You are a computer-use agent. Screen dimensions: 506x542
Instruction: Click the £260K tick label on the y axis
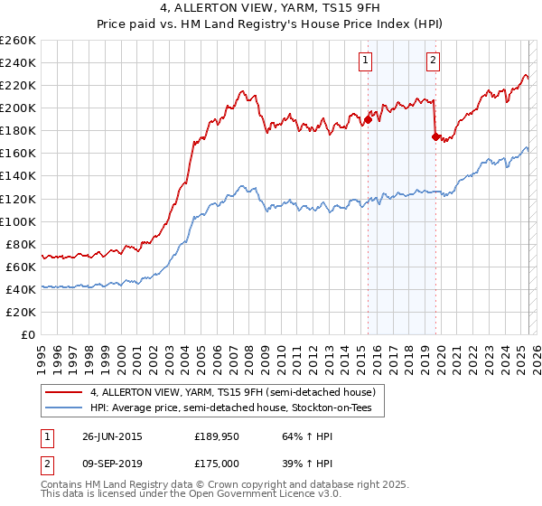(x=18, y=40)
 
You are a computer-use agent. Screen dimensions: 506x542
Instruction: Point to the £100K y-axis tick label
(x=18, y=221)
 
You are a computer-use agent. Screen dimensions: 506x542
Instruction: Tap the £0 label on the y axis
(x=28, y=334)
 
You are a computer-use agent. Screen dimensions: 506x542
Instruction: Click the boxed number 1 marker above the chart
(x=365, y=61)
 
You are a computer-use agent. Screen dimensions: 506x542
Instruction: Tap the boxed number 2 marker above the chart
(x=434, y=61)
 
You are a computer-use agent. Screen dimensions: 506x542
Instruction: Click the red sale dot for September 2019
(x=435, y=136)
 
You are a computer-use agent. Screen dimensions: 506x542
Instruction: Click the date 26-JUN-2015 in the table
(x=112, y=436)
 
